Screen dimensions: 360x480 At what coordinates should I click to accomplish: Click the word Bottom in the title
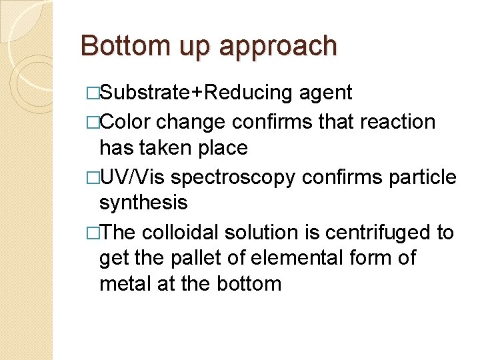pyautogui.click(x=124, y=46)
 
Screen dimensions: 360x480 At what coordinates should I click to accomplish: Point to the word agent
pyautogui.click(x=325, y=94)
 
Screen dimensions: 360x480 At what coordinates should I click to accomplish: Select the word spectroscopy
pyautogui.click(x=234, y=178)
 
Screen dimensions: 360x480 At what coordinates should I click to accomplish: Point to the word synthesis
pyautogui.click(x=143, y=202)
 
